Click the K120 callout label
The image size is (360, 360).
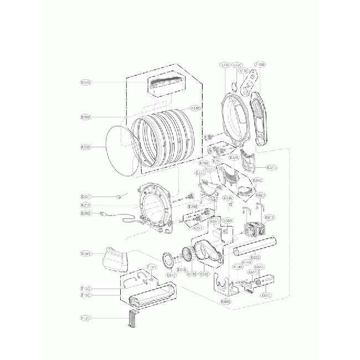click(x=86, y=83)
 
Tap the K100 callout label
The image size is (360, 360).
click(x=86, y=117)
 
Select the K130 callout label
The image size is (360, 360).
click(x=86, y=147)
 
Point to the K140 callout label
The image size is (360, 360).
click(x=195, y=108)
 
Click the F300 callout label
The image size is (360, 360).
click(x=260, y=65)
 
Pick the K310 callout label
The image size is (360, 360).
click(x=271, y=168)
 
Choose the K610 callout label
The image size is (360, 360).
click(x=270, y=218)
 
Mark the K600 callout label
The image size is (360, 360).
click(x=225, y=302)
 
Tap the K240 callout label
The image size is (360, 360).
click(x=86, y=254)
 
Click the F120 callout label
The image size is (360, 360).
click(x=86, y=318)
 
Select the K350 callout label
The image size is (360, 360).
click(x=86, y=214)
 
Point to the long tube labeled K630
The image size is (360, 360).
click(x=255, y=246)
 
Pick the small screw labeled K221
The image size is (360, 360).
click(x=119, y=196)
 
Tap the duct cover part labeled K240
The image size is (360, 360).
click(x=113, y=258)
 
